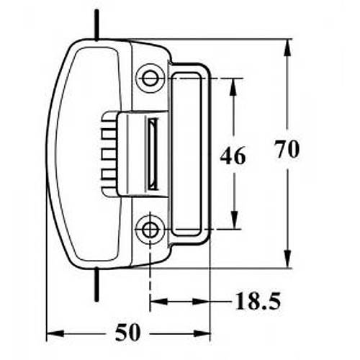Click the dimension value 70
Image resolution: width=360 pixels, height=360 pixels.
[287, 149]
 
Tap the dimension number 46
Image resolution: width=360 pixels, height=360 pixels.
[233, 156]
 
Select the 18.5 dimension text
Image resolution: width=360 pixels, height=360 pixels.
[258, 301]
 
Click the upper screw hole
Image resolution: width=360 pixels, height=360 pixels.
[150, 78]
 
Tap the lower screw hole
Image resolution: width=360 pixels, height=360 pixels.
[150, 230]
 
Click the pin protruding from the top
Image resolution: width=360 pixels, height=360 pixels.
[96, 25]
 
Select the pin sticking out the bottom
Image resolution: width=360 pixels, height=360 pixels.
[96, 284]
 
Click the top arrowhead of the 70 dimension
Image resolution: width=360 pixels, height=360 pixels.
[288, 48]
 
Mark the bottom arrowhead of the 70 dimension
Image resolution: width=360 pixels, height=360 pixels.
[288, 258]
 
